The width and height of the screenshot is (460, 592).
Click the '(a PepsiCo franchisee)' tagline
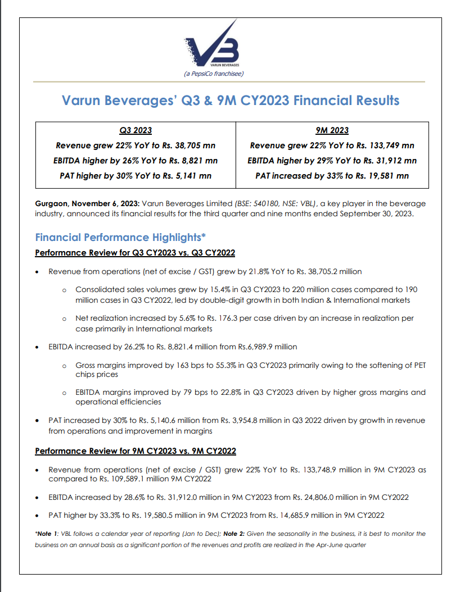pos(214,74)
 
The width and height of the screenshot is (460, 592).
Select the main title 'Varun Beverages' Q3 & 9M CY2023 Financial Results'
pos(231,101)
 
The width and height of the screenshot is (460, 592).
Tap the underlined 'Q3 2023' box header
pos(136,130)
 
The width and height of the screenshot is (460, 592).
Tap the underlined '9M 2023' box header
pos(332,130)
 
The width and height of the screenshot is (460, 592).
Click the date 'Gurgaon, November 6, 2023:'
pos(87,203)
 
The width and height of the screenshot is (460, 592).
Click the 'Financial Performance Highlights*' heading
pos(120,237)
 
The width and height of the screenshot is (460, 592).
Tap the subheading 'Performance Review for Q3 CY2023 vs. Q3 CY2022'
pos(135,253)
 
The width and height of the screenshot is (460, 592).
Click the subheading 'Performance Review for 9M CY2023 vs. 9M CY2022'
pos(135,451)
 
